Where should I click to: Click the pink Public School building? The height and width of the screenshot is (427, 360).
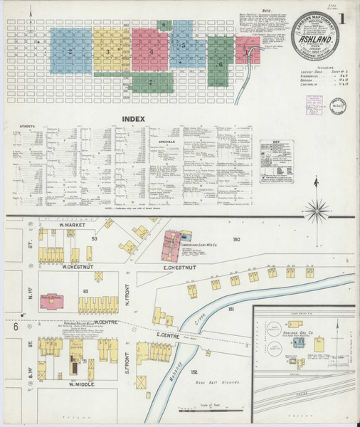pos(52,302)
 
